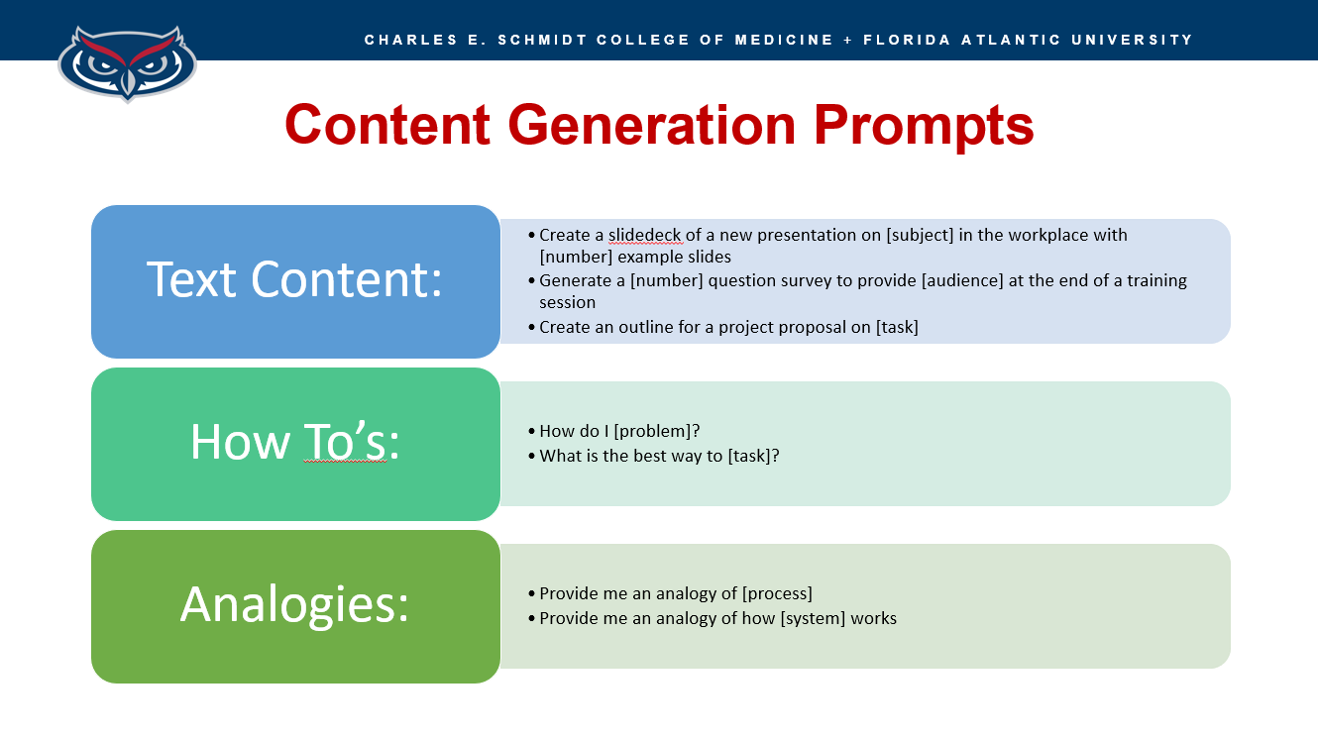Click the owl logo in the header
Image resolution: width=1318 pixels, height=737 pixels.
point(127,63)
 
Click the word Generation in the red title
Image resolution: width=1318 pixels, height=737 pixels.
point(651,125)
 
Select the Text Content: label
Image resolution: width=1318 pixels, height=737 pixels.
point(294,279)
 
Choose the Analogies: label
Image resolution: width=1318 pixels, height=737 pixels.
point(294,606)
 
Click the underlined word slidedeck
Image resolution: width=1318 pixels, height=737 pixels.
point(644,235)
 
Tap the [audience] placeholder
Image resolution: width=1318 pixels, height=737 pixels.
point(962,280)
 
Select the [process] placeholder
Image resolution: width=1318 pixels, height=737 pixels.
point(777,593)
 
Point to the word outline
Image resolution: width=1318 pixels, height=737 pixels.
point(645,327)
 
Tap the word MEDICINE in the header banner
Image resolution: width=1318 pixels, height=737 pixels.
point(784,40)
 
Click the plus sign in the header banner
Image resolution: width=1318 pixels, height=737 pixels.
point(848,40)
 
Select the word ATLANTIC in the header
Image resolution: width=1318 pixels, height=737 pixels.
point(1011,40)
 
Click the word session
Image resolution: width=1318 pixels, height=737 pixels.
point(567,302)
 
